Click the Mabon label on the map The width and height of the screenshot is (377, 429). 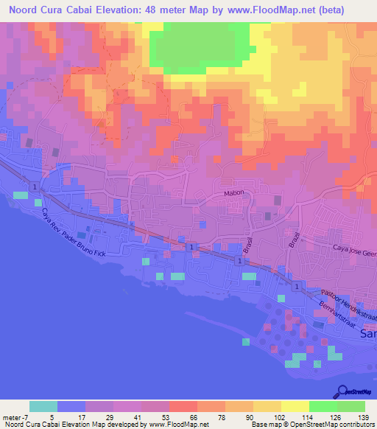click(x=233, y=193)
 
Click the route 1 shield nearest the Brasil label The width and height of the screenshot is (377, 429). click(x=240, y=261)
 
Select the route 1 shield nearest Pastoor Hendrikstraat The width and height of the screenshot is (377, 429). click(x=296, y=285)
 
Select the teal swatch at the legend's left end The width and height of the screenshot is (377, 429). click(x=43, y=406)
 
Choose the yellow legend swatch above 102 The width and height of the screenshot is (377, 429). click(x=267, y=406)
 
